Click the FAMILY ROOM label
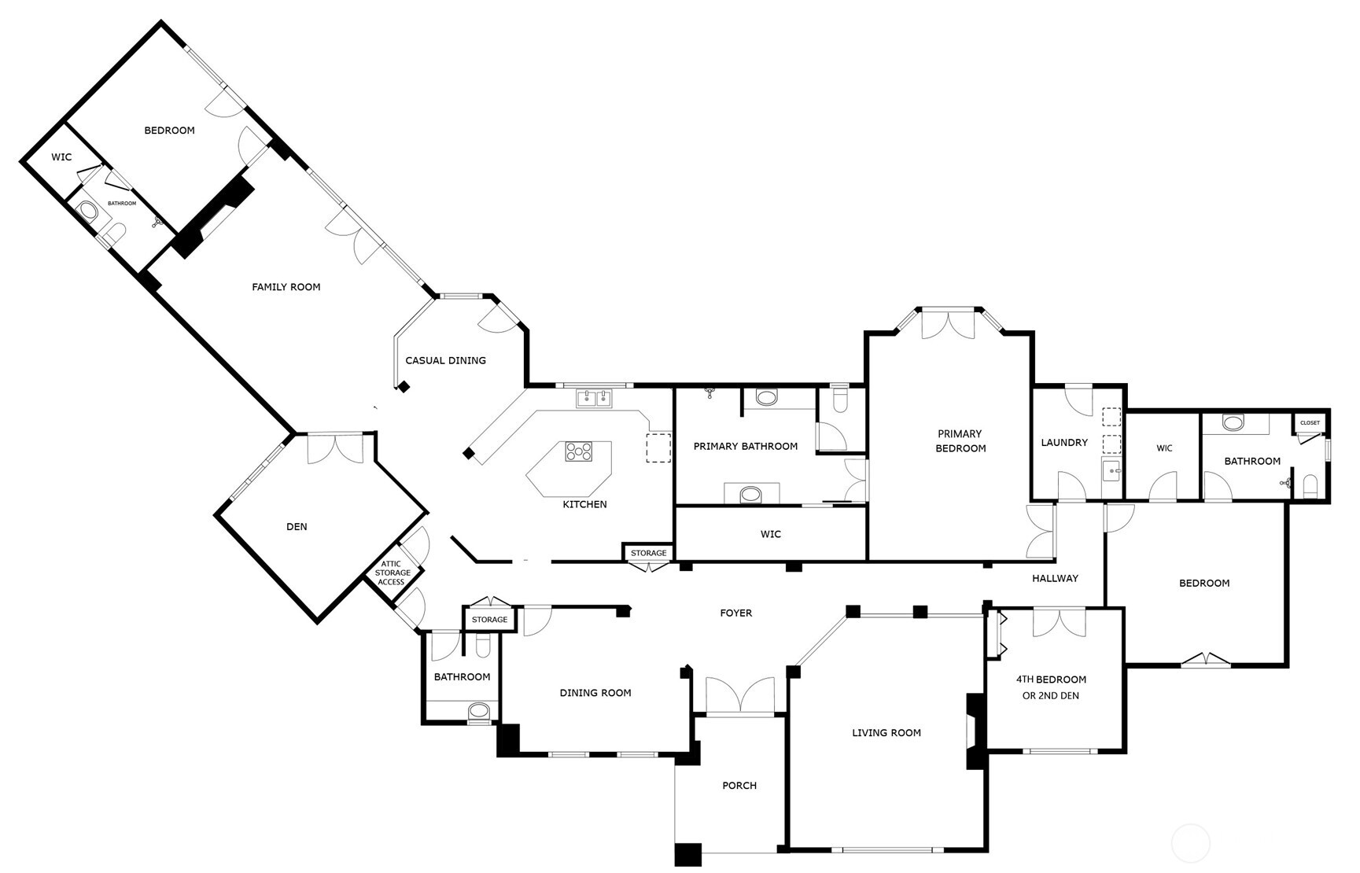(x=286, y=287)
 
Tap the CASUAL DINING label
(x=446, y=360)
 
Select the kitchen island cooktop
(x=579, y=451)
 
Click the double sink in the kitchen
(x=595, y=399)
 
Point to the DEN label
(x=297, y=527)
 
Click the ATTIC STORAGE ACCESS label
(x=392, y=573)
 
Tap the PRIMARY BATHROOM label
(x=746, y=446)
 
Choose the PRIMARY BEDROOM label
(x=960, y=440)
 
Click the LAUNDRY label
(x=1064, y=443)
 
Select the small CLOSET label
(x=1310, y=423)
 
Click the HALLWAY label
(x=1055, y=578)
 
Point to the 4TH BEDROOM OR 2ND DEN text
(x=1051, y=687)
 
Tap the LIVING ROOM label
(x=886, y=732)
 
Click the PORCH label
(x=739, y=785)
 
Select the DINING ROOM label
(x=595, y=693)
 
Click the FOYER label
(x=736, y=613)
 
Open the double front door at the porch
(x=740, y=695)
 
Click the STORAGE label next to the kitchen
(x=649, y=553)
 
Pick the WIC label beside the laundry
(x=1164, y=448)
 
